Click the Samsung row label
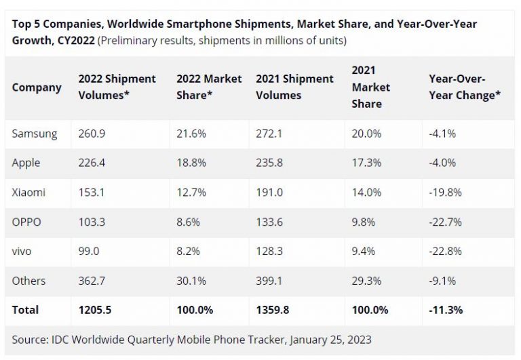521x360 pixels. [x=35, y=134]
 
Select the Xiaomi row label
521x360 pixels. [x=29, y=192]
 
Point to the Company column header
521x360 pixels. [x=37, y=87]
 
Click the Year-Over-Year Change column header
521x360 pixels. [x=465, y=87]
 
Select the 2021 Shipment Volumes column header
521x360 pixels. [x=294, y=87]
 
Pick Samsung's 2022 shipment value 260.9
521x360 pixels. [x=92, y=134]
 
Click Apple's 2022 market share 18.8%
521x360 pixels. [x=191, y=163]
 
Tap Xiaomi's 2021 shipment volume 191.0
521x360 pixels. [x=269, y=192]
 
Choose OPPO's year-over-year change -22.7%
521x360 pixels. [x=445, y=222]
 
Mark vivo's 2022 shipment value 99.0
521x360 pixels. [x=89, y=251]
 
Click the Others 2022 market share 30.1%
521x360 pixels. [x=191, y=281]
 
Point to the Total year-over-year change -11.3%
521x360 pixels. [x=446, y=310]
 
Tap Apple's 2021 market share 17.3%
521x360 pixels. [x=366, y=163]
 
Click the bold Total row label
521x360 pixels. [x=26, y=310]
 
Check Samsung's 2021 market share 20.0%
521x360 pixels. [x=366, y=134]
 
